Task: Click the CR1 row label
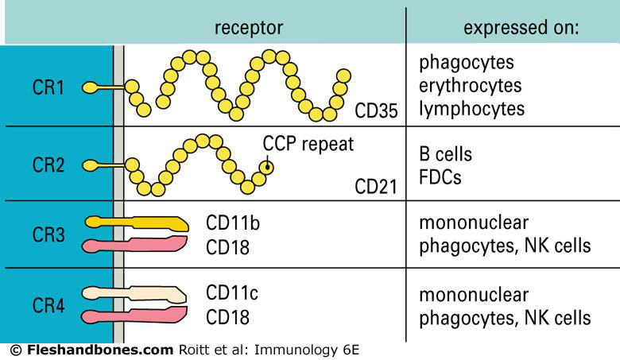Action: pos(49,87)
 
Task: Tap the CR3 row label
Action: pos(49,234)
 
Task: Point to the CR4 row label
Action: pos(49,305)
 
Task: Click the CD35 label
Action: pos(375,110)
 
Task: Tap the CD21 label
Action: pos(375,188)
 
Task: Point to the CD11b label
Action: pos(232,223)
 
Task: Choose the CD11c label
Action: pos(232,293)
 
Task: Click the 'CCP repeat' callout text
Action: pos(308,145)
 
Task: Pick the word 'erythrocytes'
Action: pos(471,85)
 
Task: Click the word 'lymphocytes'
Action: pos(471,108)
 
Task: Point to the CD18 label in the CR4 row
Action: pos(227,317)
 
